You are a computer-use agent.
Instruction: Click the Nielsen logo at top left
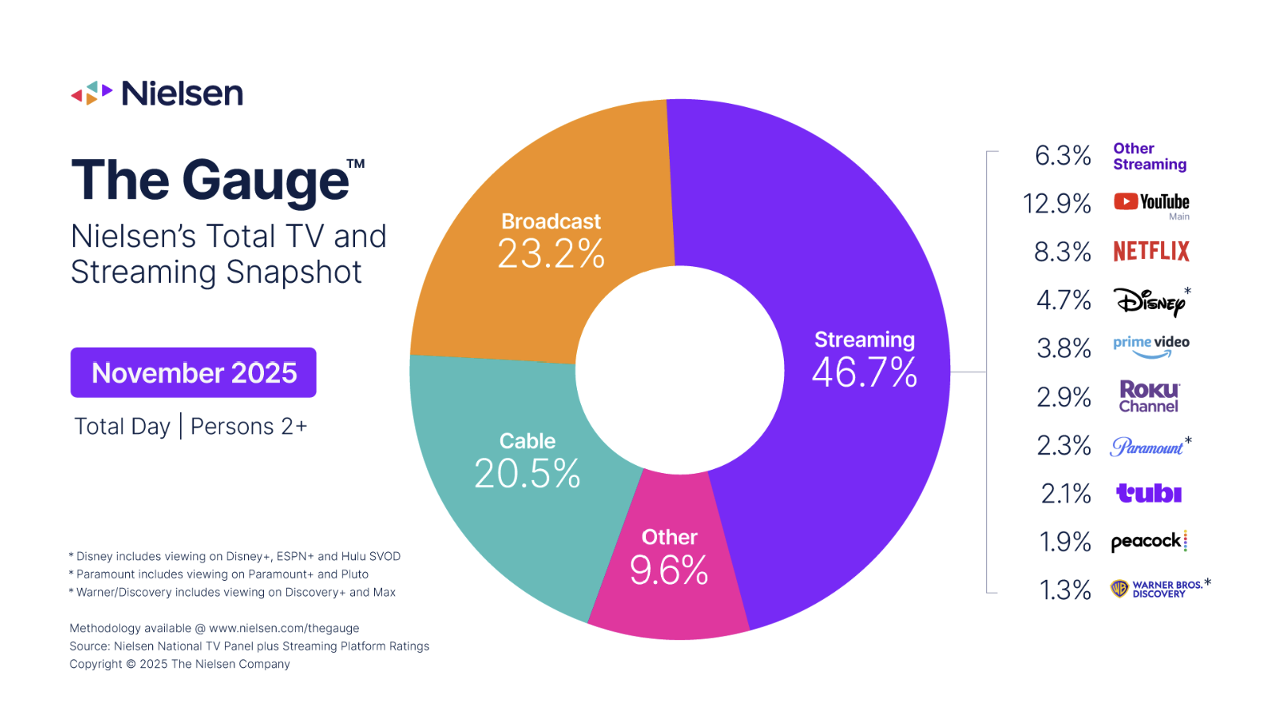tap(157, 93)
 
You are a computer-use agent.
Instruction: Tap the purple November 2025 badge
tap(193, 372)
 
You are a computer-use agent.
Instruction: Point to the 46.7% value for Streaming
tap(865, 372)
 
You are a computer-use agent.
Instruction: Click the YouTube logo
tap(1151, 202)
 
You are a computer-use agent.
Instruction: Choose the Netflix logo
tap(1151, 251)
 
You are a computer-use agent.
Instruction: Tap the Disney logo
tap(1149, 301)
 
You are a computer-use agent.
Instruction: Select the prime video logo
tap(1151, 346)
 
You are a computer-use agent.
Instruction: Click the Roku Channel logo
tap(1148, 397)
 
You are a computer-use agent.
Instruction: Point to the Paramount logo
tap(1147, 447)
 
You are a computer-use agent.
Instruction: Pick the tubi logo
tap(1148, 494)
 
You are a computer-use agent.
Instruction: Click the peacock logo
tap(1148, 542)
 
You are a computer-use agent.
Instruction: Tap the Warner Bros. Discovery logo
tap(1157, 589)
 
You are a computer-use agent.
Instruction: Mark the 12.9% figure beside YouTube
tap(1057, 204)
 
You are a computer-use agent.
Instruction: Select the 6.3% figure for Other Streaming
tap(1063, 155)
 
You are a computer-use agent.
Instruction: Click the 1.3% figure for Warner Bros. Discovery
tap(1065, 590)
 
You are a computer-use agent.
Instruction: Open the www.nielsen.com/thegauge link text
tap(284, 628)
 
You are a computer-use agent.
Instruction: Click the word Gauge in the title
tap(266, 181)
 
